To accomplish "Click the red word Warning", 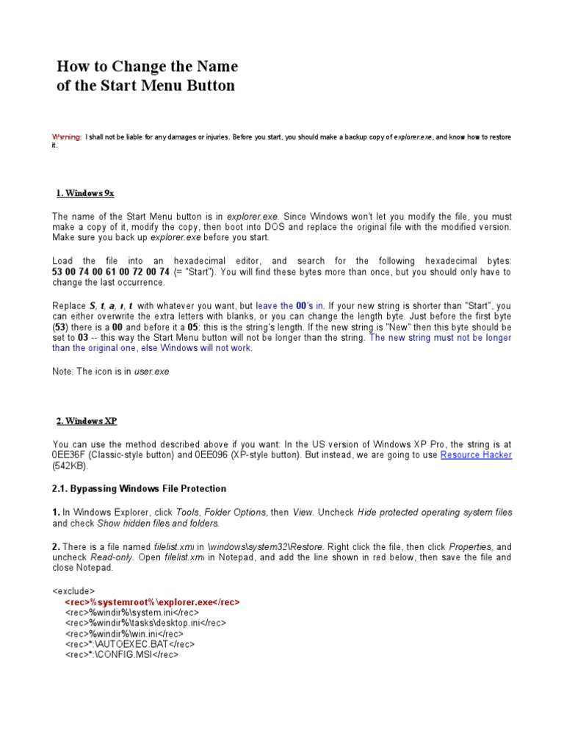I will [66, 137].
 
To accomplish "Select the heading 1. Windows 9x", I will [85, 193].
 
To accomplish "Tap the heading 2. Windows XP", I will [87, 421].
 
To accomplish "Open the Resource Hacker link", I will [476, 455].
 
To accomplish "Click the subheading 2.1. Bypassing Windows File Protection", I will [139, 488].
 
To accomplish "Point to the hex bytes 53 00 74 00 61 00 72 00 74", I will [111, 272].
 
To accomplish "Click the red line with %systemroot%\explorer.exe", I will [152, 601].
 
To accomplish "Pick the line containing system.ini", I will [132, 612].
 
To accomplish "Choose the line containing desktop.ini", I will [145, 623].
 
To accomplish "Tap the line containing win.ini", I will [124, 633].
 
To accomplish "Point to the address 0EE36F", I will [71, 455].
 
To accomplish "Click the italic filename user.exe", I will [151, 372].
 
